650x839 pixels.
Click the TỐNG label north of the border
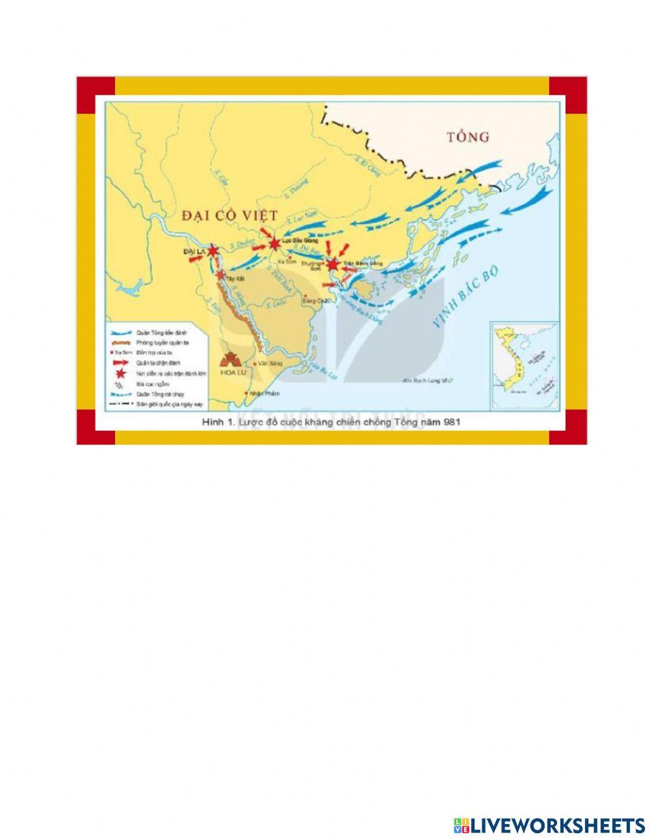click(468, 136)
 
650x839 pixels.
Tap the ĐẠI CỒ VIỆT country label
click(230, 215)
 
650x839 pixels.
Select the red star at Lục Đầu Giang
click(276, 244)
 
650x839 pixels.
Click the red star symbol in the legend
click(120, 374)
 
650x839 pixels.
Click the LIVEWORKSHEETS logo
click(549, 825)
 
